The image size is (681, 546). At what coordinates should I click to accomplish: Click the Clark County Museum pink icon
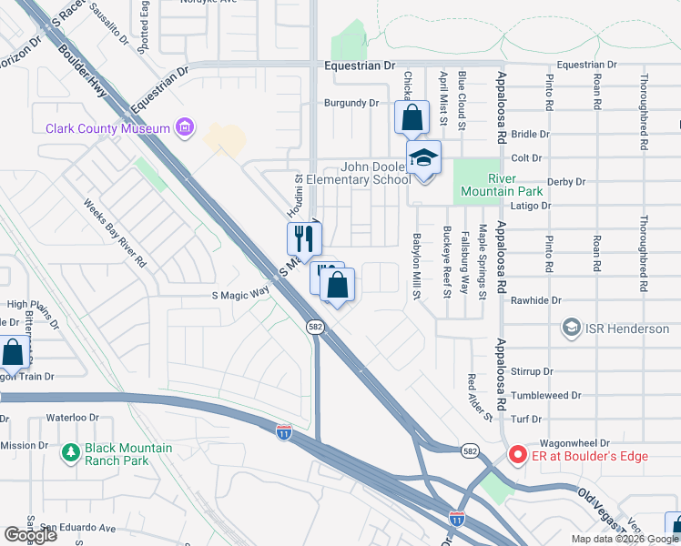point(185,127)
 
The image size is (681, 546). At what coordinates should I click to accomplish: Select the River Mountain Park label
point(515,184)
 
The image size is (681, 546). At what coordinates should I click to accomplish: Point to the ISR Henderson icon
point(571,328)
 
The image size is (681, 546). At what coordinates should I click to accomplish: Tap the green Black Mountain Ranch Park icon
point(70,452)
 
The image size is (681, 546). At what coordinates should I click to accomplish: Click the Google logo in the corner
point(30,535)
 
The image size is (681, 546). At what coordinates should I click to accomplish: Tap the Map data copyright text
point(624,539)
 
